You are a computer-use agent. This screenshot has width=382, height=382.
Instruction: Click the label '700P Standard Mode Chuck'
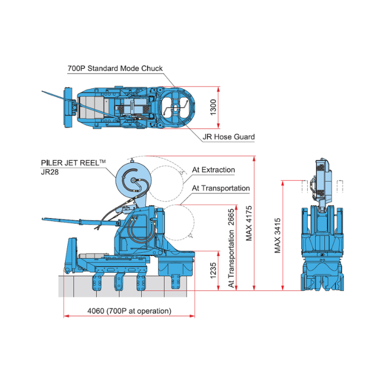[115, 69]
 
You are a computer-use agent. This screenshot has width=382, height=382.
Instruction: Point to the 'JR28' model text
[51, 171]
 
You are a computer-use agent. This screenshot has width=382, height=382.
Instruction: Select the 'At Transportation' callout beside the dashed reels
[220, 188]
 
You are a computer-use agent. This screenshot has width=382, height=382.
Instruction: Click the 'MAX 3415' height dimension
[278, 236]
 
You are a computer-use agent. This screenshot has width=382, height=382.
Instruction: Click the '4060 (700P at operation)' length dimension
[129, 311]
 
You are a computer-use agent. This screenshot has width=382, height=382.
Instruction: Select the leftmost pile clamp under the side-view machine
[98, 284]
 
